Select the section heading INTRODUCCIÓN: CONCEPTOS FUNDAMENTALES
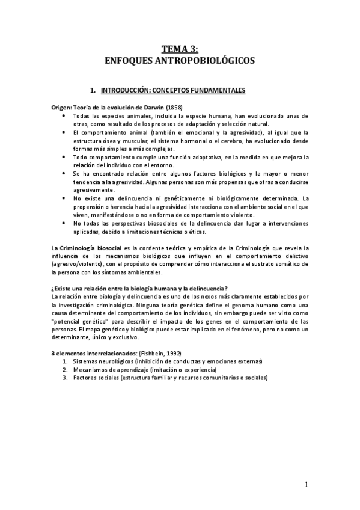point(173,90)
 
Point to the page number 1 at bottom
point(306,485)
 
